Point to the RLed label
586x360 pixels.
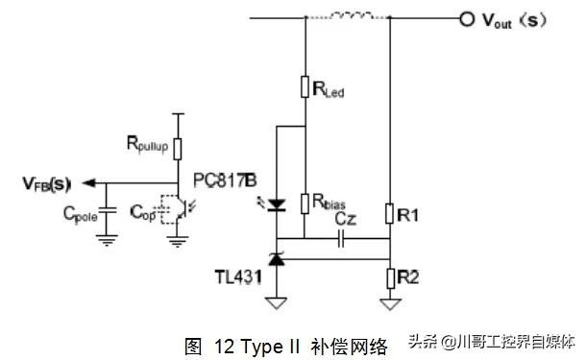[329, 90]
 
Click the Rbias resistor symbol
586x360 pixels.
[304, 203]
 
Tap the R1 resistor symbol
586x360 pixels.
[389, 212]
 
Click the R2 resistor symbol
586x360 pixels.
[389, 278]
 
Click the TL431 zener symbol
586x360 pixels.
[277, 258]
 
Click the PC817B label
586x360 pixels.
[224, 180]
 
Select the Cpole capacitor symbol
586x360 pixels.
[108, 209]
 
